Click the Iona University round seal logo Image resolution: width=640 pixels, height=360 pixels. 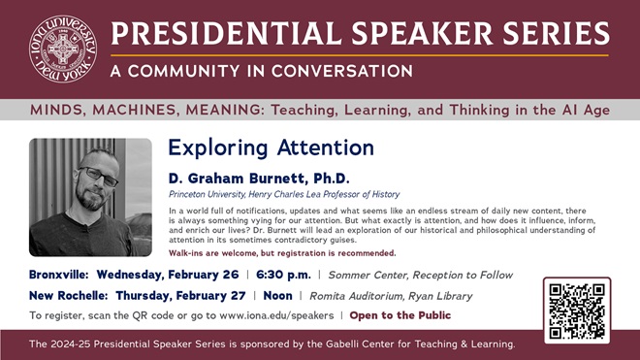(63, 49)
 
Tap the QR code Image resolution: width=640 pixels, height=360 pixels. (577, 311)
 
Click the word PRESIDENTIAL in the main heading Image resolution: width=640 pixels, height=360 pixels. (226, 34)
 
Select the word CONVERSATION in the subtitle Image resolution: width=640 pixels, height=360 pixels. (342, 71)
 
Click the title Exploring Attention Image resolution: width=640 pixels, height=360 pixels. (271, 147)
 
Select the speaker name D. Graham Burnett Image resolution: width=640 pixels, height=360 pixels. (238, 179)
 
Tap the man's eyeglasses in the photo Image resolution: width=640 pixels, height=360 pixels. (98, 176)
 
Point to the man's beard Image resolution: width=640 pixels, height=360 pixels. (90, 199)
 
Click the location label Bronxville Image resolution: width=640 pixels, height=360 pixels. (59, 275)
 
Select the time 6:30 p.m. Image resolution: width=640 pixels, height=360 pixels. (283, 275)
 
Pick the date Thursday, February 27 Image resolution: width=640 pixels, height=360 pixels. (180, 295)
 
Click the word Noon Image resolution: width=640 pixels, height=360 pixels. (277, 295)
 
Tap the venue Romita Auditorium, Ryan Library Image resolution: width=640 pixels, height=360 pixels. (391, 296)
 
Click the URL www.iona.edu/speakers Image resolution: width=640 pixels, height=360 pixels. (276, 315)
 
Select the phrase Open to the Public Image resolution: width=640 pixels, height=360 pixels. (400, 315)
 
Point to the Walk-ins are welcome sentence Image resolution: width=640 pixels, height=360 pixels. (282, 253)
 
